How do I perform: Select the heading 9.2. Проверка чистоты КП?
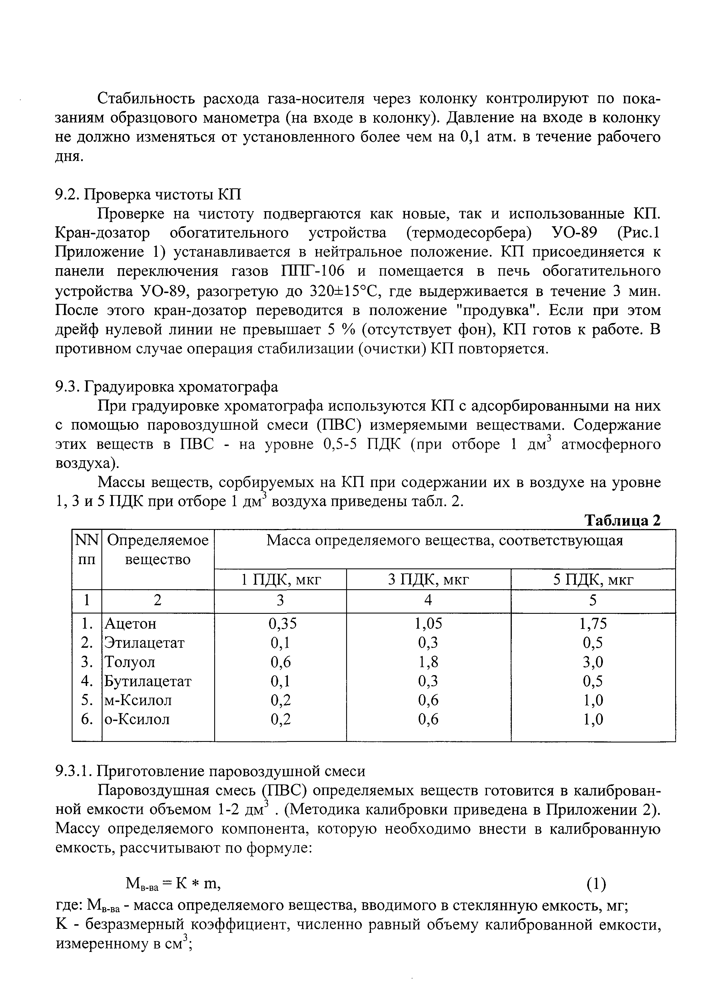tap(148, 194)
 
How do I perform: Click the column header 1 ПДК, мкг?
tap(280, 580)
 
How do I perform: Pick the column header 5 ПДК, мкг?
tap(593, 580)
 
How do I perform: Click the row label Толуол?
tap(130, 662)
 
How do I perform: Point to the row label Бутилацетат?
tap(147, 681)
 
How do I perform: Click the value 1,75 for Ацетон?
tap(593, 624)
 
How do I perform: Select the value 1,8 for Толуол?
tap(428, 662)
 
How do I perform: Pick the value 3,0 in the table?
tap(593, 662)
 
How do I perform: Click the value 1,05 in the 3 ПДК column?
tap(428, 624)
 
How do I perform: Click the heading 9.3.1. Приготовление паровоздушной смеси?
tap(210, 771)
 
